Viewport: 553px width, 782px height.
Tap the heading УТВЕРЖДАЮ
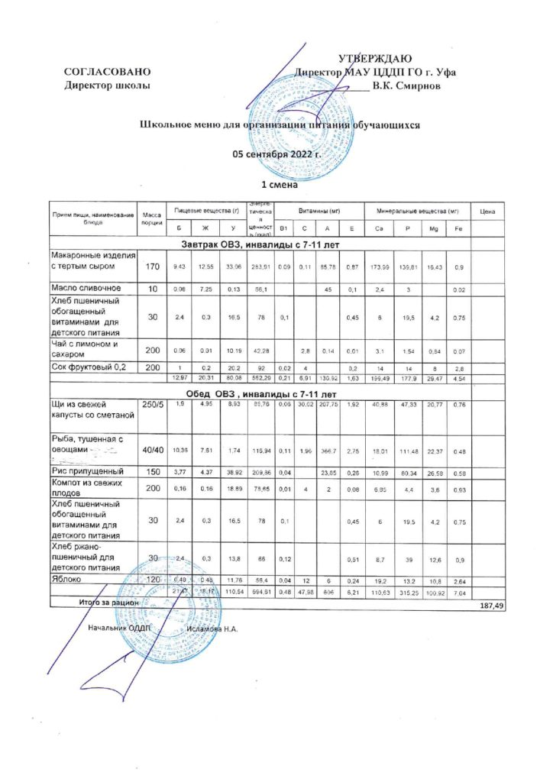375,59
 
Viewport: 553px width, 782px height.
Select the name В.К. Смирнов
406,85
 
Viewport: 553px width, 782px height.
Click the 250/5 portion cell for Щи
150,403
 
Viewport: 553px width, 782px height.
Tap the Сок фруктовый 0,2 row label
89,367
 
